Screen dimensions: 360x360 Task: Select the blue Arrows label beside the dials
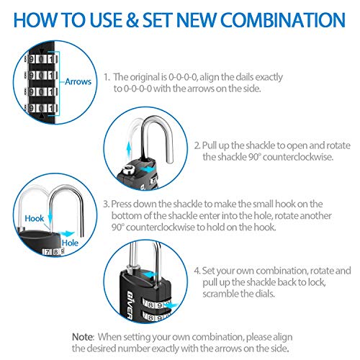[x=78, y=82]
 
